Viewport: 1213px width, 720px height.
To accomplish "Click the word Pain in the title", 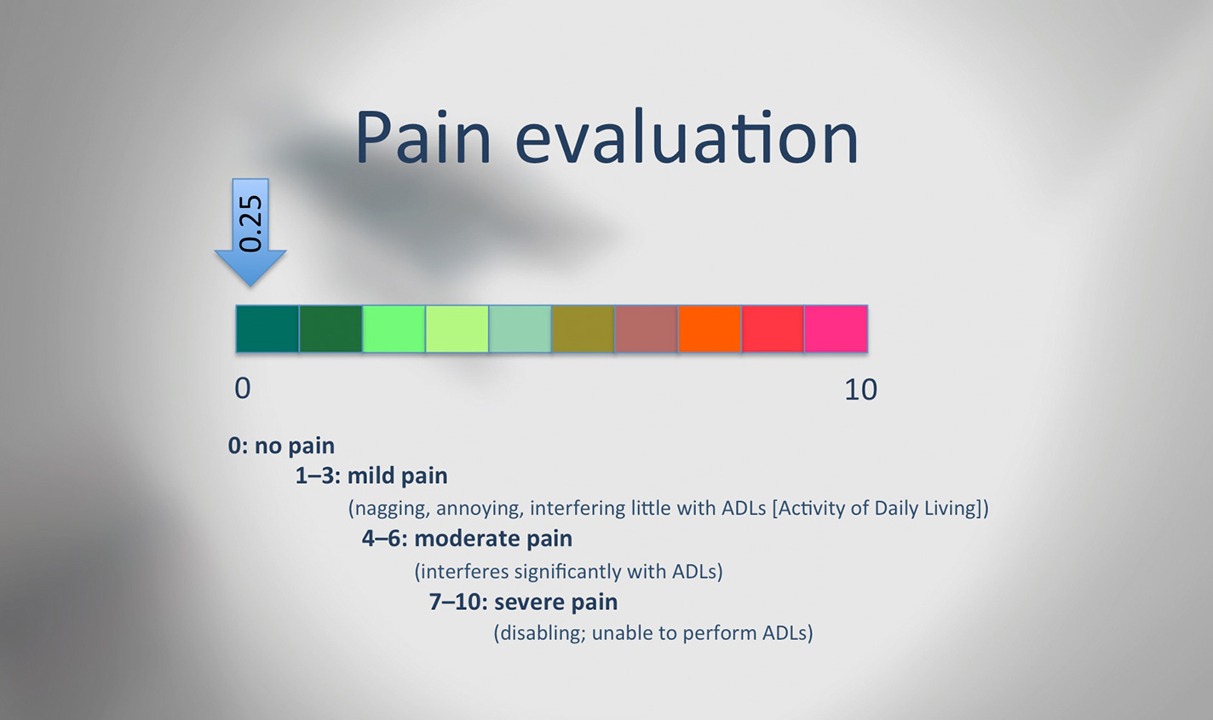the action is [423, 136].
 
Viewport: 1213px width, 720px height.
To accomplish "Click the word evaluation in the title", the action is [687, 136].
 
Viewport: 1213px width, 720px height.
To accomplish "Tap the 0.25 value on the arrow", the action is [250, 223].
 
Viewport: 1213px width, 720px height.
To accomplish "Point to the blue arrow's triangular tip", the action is [250, 285].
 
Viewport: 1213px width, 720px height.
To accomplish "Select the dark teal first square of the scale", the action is [267, 329].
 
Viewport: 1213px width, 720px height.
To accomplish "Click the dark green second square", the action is [331, 329].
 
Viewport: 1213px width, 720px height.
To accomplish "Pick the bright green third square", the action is [394, 329].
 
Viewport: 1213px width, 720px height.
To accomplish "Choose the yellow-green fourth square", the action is [457, 329].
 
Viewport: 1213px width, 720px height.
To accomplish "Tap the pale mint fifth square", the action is [520, 329].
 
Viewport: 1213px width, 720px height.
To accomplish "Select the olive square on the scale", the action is [584, 329].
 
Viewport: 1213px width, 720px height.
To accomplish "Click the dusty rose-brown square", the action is [647, 329].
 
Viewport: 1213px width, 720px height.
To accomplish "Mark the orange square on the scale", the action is [710, 329].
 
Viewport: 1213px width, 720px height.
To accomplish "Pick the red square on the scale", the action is [773, 329].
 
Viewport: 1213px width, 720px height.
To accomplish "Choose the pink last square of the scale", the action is [836, 329].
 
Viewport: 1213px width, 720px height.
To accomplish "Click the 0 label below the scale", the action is [243, 389].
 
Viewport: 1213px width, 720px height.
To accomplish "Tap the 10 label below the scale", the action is [861, 389].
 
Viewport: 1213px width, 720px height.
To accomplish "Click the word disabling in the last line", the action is [543, 633].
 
